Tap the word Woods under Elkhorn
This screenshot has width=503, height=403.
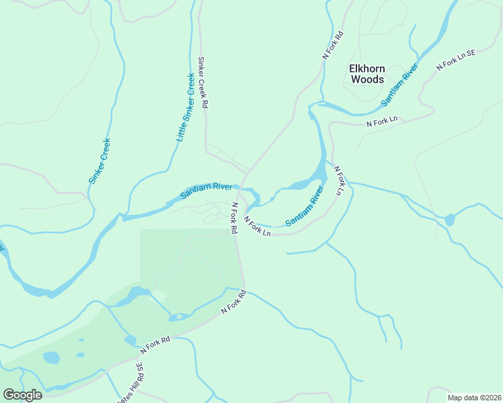tap(367, 79)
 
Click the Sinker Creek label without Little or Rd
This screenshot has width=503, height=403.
tap(99, 161)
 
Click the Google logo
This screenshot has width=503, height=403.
tap(22, 395)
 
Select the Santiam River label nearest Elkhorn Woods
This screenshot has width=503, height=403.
tap(400, 85)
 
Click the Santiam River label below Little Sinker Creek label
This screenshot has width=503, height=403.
tap(206, 191)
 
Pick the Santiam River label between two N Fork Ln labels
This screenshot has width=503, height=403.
tap(305, 207)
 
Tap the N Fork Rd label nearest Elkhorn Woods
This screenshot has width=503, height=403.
tap(333, 46)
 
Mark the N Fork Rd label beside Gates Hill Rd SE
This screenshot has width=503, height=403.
tap(155, 345)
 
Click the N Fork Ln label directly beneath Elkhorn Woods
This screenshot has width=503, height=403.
tap(382, 121)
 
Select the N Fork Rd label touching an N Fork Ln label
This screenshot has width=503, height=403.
tap(234, 218)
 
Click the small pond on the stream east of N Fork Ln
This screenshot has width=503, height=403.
tap(449, 220)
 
